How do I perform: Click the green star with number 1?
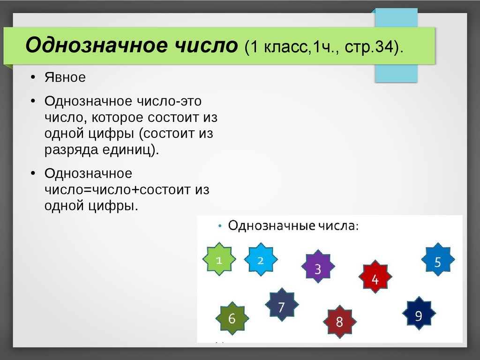click(218, 259)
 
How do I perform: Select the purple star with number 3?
click(318, 269)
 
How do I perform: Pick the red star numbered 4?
click(375, 279)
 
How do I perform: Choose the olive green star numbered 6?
click(232, 318)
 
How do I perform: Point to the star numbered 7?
click(281, 307)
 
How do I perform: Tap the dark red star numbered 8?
click(339, 322)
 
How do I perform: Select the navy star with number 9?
click(419, 315)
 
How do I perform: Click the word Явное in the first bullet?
click(65, 77)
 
